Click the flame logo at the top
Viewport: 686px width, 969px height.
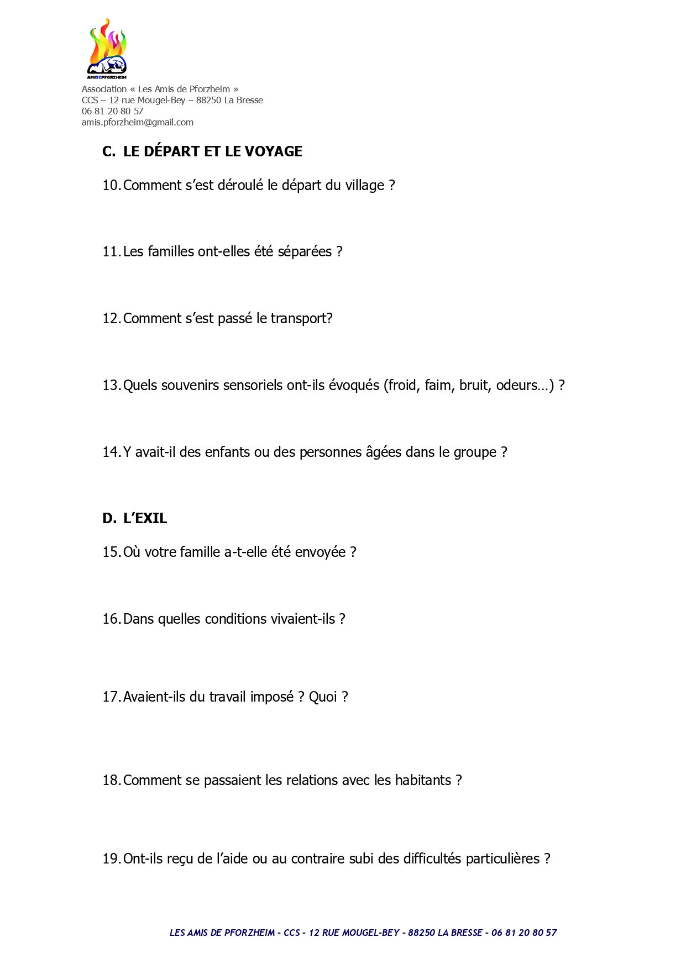point(107,49)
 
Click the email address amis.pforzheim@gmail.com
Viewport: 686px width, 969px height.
point(138,123)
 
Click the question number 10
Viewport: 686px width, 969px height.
point(111,186)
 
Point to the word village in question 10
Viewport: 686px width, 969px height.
point(364,186)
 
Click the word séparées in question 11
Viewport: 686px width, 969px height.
point(305,252)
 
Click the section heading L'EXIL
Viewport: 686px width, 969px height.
point(145,519)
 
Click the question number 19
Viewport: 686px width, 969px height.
point(111,859)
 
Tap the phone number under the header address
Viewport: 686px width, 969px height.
point(112,112)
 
